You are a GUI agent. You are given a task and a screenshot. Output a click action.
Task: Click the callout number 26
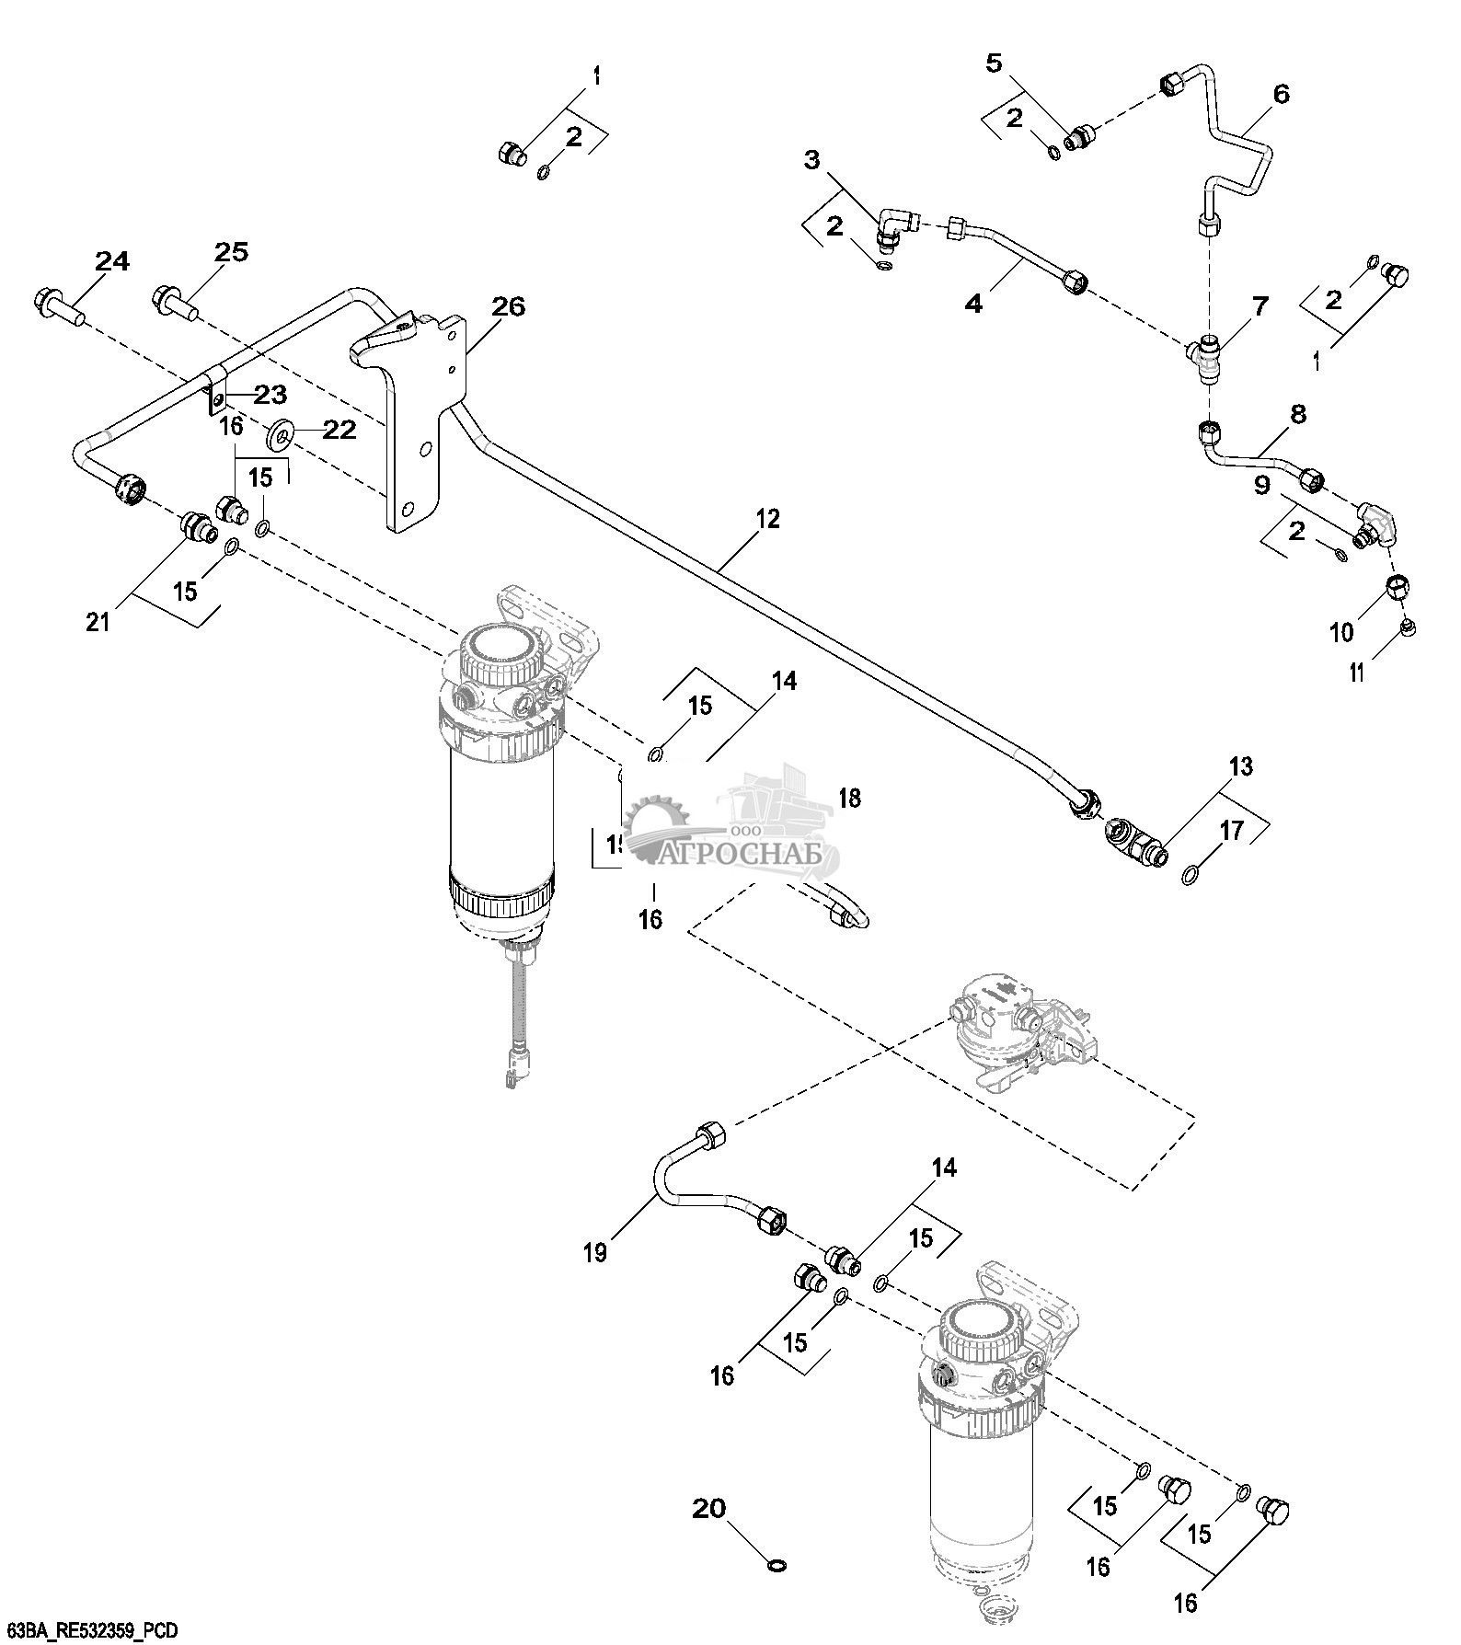click(x=508, y=307)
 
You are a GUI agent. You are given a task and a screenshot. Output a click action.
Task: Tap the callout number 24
click(x=112, y=262)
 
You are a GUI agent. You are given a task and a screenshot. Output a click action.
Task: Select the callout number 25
click(x=231, y=252)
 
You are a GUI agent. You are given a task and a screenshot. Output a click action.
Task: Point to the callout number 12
click(x=767, y=519)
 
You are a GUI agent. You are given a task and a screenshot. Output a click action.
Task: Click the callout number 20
click(x=709, y=1508)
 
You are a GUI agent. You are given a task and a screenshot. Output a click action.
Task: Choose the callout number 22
click(x=338, y=430)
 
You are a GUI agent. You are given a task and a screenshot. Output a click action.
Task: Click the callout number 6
click(x=1281, y=94)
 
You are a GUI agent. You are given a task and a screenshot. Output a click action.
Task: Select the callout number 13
click(x=1240, y=766)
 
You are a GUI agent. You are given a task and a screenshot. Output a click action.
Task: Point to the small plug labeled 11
click(x=1408, y=627)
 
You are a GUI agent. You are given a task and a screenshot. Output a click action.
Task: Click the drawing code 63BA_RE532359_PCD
click(x=90, y=1630)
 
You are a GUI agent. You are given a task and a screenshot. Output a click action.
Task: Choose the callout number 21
click(x=98, y=622)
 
